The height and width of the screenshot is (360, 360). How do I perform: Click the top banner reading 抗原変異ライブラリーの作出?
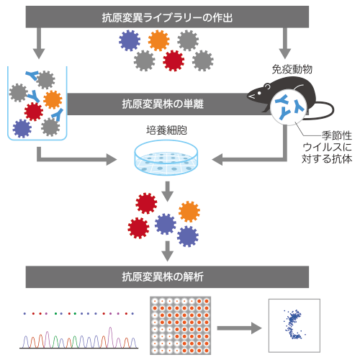pos(167,17)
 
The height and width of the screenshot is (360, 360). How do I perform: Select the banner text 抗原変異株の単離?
pos(163,104)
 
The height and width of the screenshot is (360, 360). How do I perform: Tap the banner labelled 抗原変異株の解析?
pos(167,276)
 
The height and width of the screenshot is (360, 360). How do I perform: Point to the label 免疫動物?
pos(292,69)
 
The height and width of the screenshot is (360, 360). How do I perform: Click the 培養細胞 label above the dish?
pos(166,130)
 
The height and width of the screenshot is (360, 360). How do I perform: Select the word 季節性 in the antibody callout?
pos(337,135)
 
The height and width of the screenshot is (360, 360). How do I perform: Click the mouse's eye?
pos(259,93)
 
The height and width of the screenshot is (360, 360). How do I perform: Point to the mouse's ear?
pos(267,86)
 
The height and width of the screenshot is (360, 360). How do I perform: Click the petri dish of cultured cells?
pos(166,157)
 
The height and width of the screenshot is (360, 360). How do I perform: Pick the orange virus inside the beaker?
pos(53,99)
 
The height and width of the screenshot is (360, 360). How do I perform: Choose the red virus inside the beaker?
pos(34,112)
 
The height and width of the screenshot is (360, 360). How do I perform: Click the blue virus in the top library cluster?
pos(130,40)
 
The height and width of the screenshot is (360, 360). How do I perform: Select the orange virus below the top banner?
pos(158,40)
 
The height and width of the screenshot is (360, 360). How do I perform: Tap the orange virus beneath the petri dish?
pos(189,212)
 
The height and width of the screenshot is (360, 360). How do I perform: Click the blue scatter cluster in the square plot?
pos(292,324)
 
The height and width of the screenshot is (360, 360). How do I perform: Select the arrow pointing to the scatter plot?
pos(239,328)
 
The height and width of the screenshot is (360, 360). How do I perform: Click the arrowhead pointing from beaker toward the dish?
pos(112,160)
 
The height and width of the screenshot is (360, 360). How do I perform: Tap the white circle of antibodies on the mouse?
pos(289,107)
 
